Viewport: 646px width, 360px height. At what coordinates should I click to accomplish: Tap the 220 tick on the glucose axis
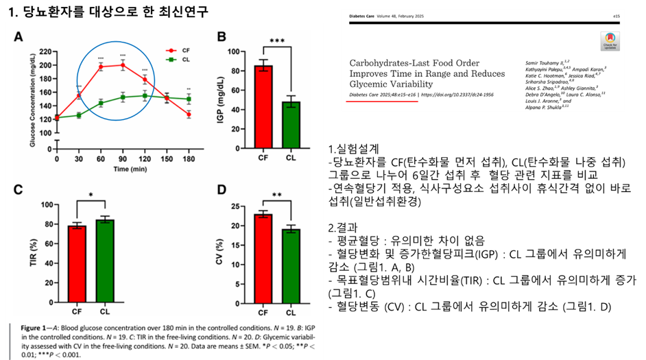coord(46,51)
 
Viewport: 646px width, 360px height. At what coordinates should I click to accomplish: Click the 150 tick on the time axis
coord(167,158)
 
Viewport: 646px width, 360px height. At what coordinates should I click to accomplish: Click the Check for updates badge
coord(608,40)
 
